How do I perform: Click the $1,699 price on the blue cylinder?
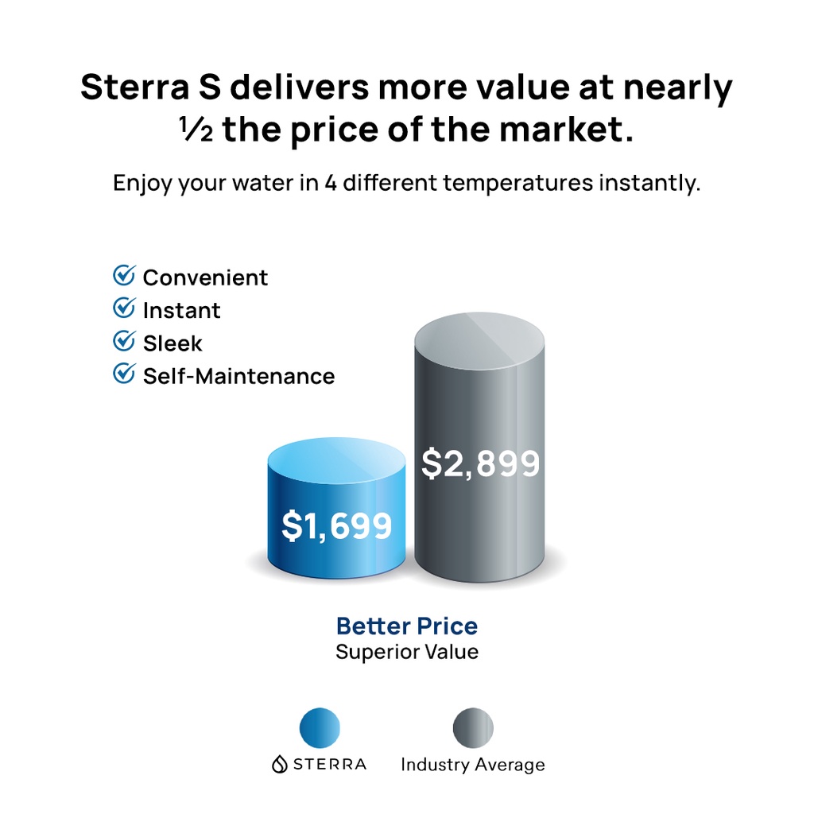(x=337, y=525)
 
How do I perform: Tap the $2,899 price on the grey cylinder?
(x=480, y=463)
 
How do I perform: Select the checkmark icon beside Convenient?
(x=124, y=276)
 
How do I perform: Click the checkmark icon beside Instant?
(x=124, y=308)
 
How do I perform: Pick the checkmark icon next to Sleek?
(x=124, y=341)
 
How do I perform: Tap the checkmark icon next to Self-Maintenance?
(x=124, y=374)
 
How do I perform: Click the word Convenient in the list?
(x=205, y=277)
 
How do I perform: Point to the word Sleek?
(x=172, y=343)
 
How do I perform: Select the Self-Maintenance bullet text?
(x=238, y=376)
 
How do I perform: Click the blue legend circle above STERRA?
(x=320, y=728)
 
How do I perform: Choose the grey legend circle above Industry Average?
(x=473, y=728)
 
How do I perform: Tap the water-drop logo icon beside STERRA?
(x=279, y=765)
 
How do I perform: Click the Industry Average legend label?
(x=473, y=765)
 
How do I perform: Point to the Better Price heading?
(x=407, y=626)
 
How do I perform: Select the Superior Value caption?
(x=407, y=653)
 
